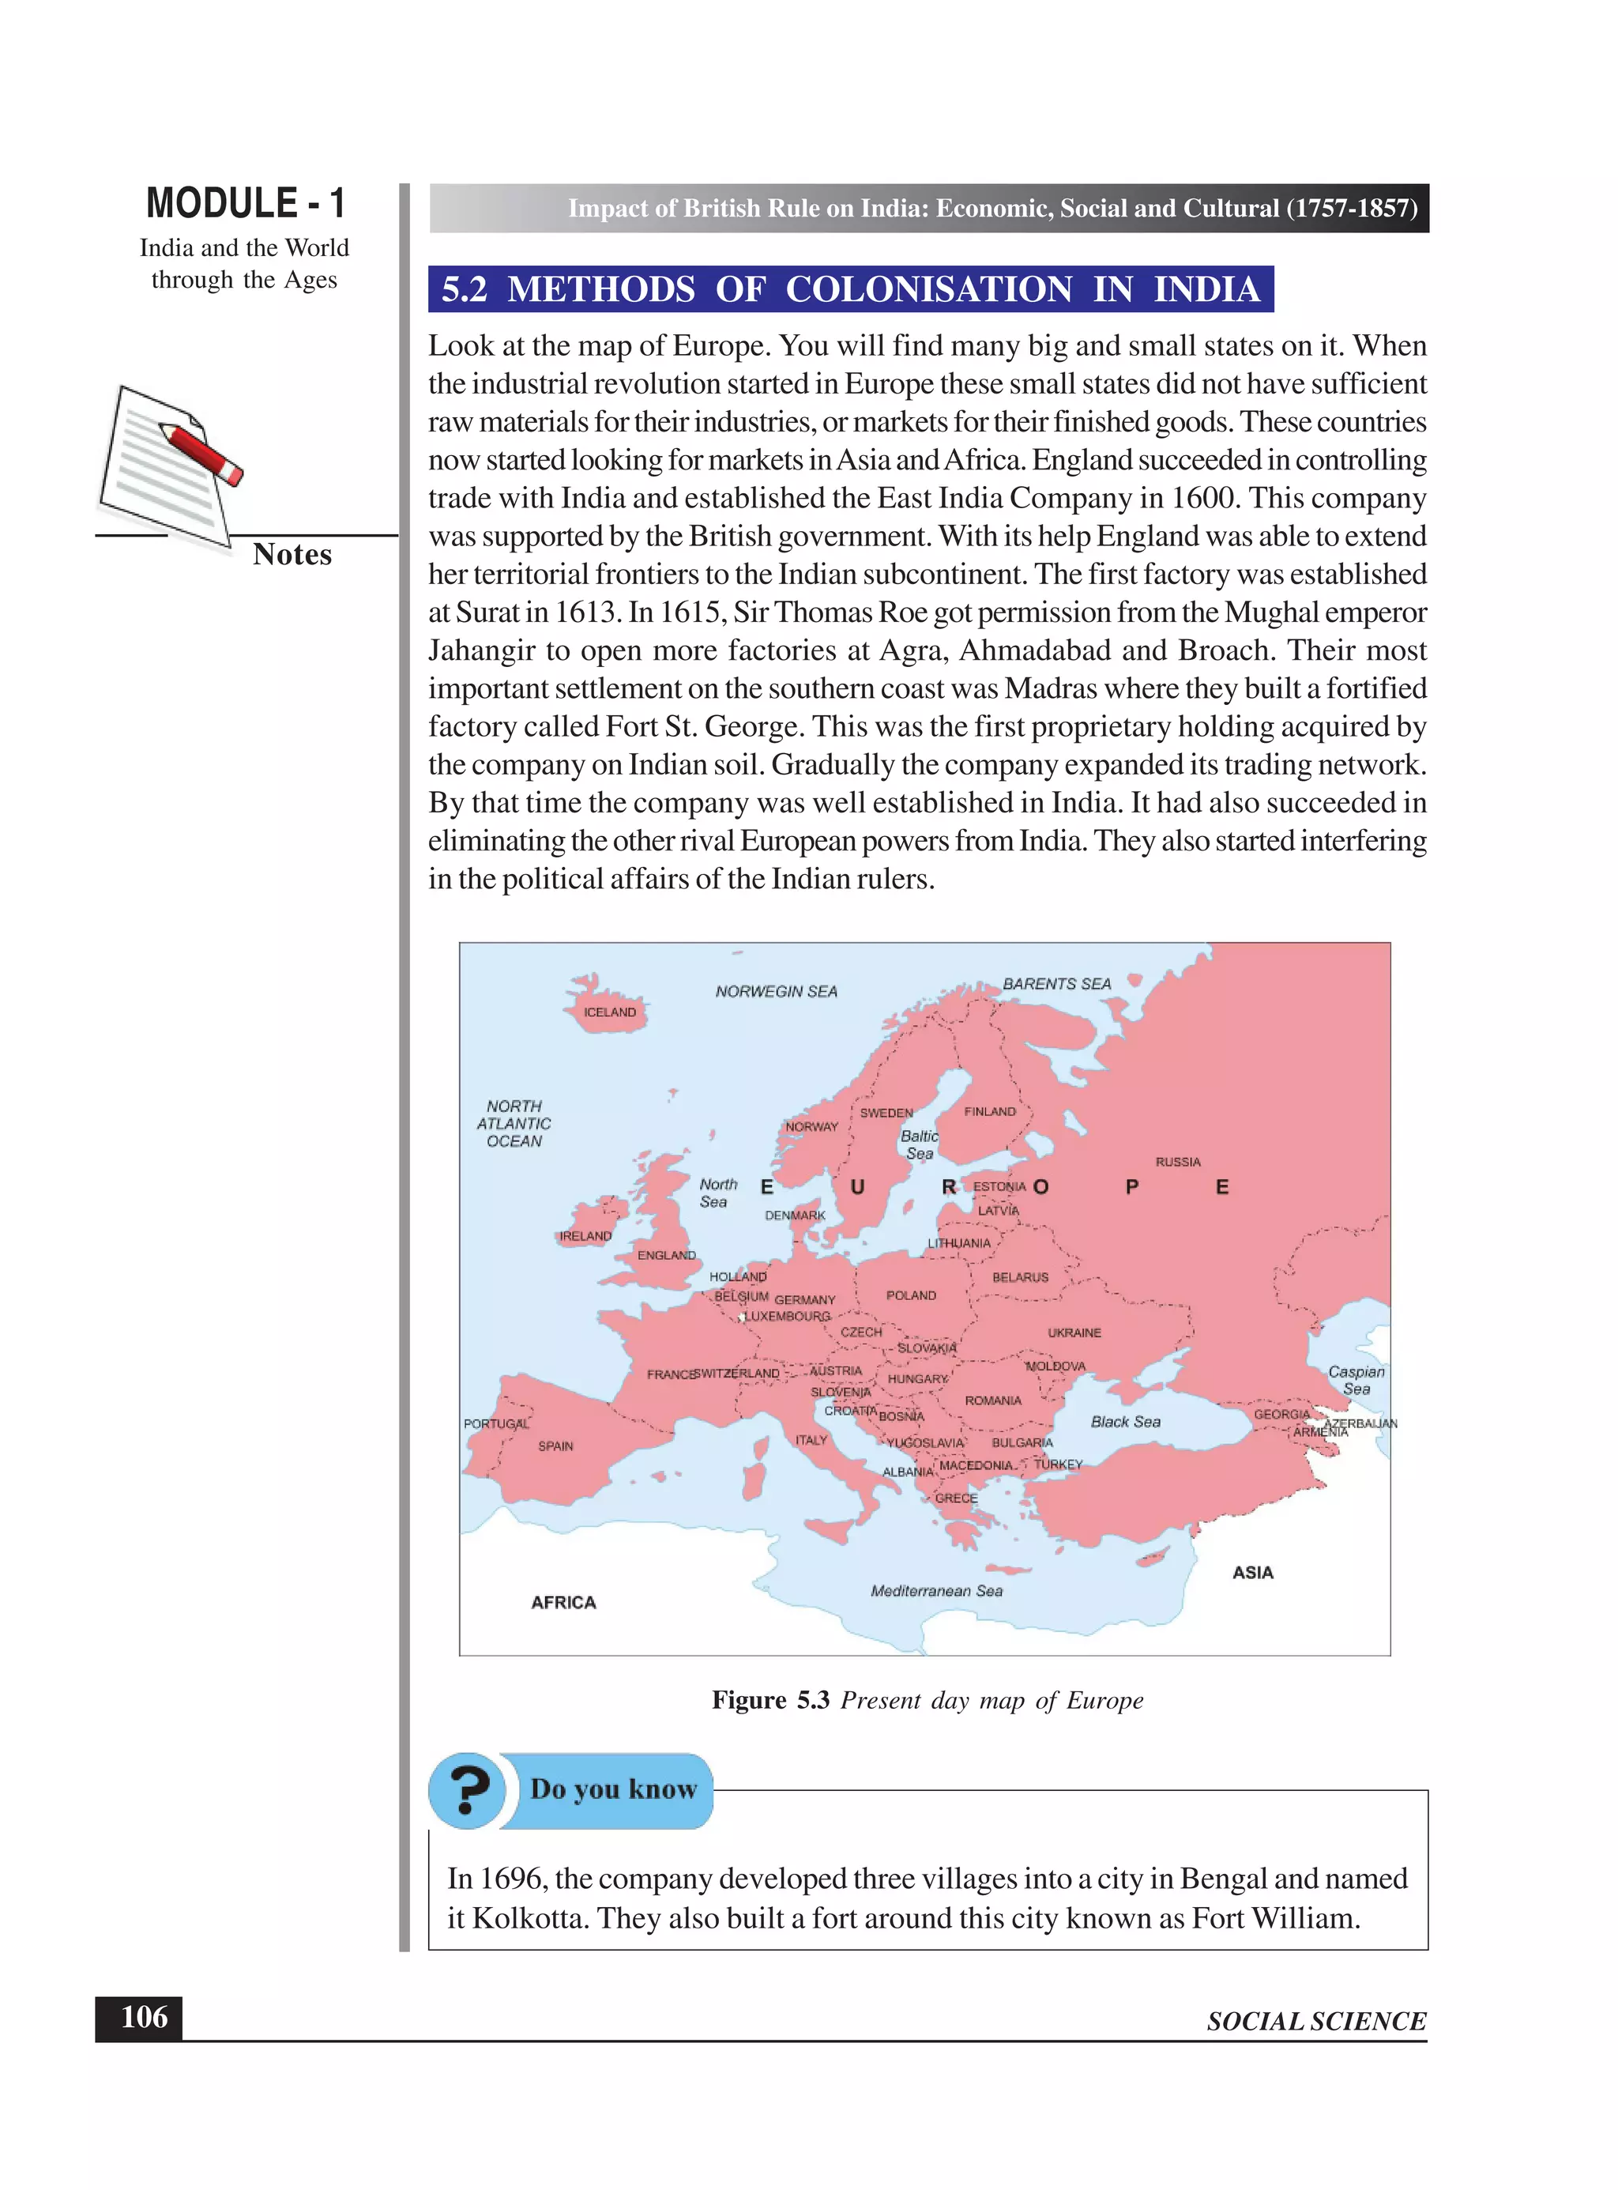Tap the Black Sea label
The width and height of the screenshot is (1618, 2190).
[1125, 1421]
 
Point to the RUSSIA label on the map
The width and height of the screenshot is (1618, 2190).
[1177, 1161]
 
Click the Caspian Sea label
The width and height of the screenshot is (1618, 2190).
[1356, 1380]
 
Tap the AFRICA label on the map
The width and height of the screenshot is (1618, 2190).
[563, 1602]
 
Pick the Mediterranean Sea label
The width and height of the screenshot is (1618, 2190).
[936, 1590]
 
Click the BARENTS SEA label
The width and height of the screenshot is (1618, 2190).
[1057, 983]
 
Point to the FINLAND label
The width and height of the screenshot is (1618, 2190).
[989, 1111]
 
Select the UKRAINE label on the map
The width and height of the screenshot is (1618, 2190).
[1074, 1332]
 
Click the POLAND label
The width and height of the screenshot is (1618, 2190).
[911, 1295]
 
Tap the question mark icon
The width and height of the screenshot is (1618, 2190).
[467, 1790]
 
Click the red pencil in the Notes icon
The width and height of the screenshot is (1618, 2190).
[201, 450]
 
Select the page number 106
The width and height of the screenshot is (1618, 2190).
[143, 2017]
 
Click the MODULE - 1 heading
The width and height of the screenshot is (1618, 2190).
[245, 203]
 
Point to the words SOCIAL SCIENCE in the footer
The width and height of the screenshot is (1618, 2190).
[1315, 2021]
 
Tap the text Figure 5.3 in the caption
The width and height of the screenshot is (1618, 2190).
[769, 1700]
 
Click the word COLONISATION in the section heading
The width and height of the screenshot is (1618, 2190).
[928, 289]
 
